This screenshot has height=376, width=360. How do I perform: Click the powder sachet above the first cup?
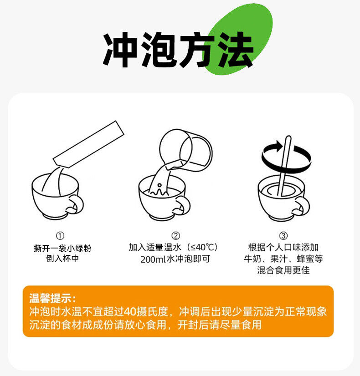pyautogui.click(x=88, y=144)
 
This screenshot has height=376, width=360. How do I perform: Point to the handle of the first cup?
pyautogui.click(x=76, y=205)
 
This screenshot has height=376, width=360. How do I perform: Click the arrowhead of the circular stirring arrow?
pyautogui.click(x=279, y=145)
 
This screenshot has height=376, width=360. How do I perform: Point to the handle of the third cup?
pyautogui.click(x=302, y=206)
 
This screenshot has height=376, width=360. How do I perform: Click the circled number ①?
pyautogui.click(x=60, y=236)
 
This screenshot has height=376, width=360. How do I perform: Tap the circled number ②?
pyautogui.click(x=176, y=235)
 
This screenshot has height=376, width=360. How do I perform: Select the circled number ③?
pyautogui.click(x=283, y=235)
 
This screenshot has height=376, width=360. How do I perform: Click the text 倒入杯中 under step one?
pyautogui.click(x=62, y=259)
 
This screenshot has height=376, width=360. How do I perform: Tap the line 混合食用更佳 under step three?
pyautogui.click(x=283, y=270)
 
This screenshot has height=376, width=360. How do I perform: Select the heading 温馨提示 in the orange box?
pyautogui.click(x=51, y=299)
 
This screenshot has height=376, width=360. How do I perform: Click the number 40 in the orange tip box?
pyautogui.click(x=130, y=311)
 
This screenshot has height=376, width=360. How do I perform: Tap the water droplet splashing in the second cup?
pyautogui.click(x=159, y=185)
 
